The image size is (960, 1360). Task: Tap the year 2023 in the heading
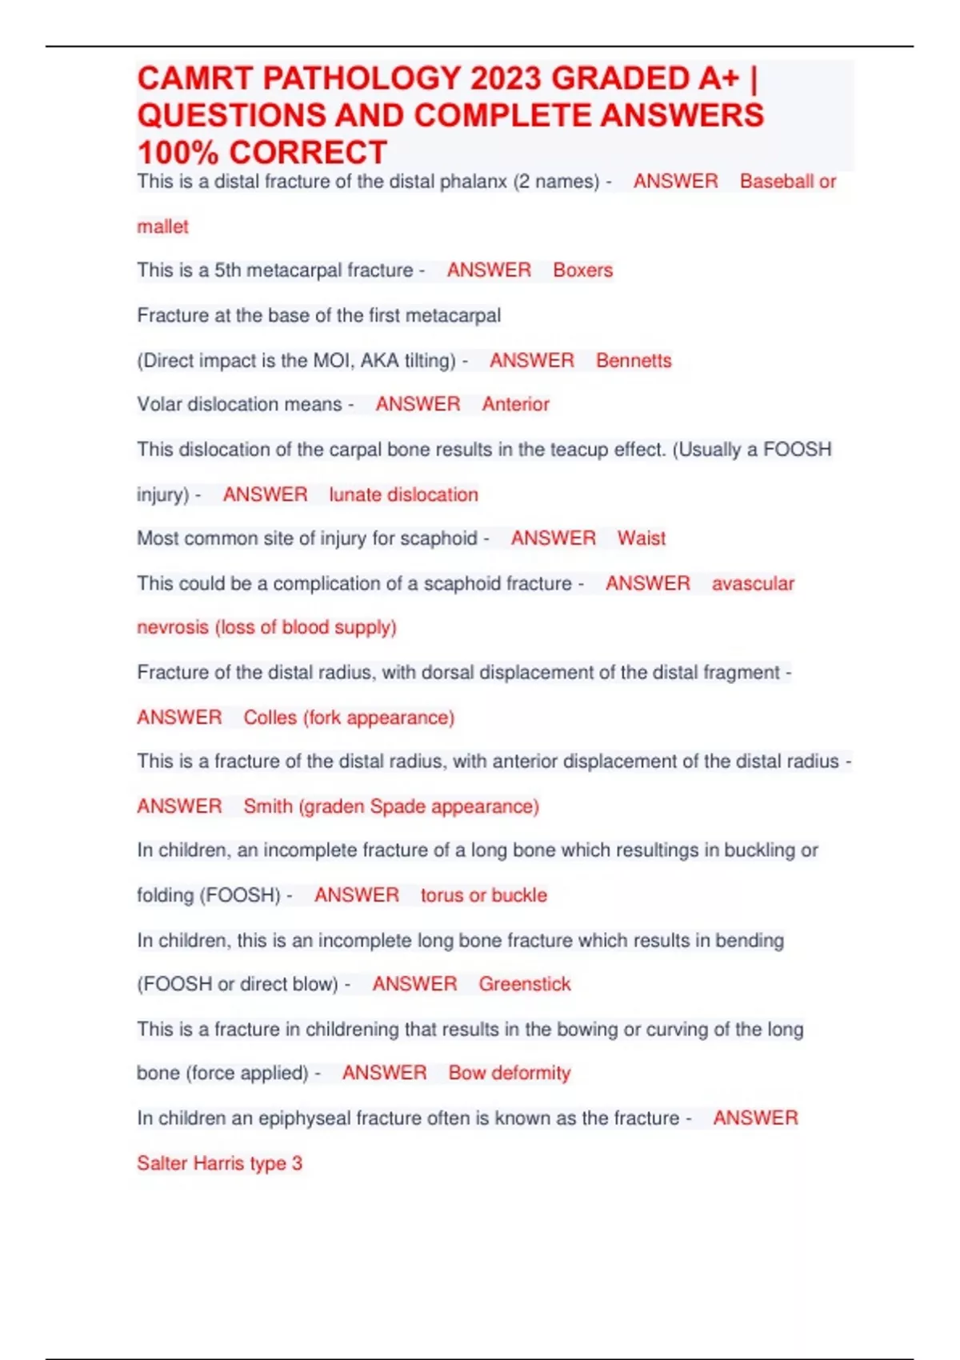click(506, 78)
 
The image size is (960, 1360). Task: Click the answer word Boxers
click(582, 270)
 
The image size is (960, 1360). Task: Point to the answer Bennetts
click(634, 361)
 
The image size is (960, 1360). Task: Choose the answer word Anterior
click(515, 405)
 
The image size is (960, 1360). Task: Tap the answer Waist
click(641, 538)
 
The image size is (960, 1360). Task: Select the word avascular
click(753, 584)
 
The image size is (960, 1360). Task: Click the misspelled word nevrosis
click(172, 627)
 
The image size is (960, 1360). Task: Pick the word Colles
click(270, 718)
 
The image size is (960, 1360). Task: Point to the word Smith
click(268, 806)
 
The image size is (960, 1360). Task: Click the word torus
click(442, 895)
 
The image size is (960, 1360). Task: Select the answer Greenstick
click(525, 984)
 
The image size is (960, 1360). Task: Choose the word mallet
click(162, 227)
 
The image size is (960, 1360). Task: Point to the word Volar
click(158, 405)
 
